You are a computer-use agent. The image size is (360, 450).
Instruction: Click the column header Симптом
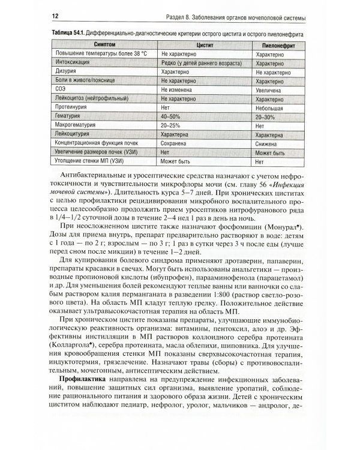click(x=104, y=45)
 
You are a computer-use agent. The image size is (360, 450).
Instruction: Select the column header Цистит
click(x=205, y=45)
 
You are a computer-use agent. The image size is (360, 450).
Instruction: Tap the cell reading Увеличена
click(x=269, y=87)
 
